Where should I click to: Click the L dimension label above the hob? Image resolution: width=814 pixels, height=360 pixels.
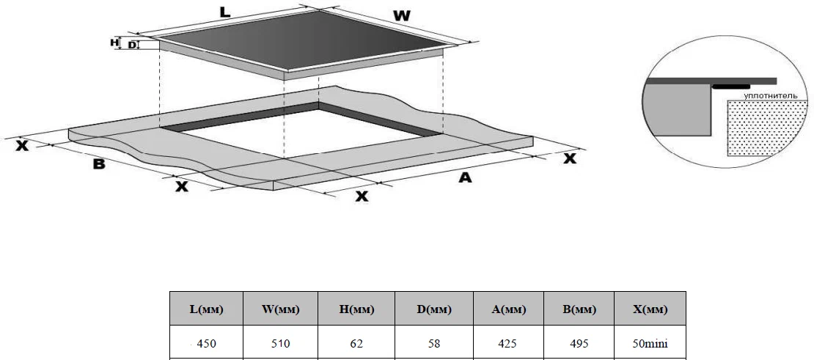(225, 12)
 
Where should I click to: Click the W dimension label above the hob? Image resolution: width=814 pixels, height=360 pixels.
(401, 15)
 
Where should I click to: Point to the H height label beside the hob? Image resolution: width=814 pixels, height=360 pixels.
(114, 43)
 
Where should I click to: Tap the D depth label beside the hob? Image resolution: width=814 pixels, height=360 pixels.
(132, 45)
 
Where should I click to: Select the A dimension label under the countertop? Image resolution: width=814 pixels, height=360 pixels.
(466, 177)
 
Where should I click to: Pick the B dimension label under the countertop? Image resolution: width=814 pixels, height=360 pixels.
(99, 164)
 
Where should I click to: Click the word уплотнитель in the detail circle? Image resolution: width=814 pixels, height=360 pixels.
(771, 95)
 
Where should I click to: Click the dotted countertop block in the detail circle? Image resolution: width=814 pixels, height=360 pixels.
(767, 128)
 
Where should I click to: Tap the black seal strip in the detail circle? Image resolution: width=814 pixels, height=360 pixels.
(731, 87)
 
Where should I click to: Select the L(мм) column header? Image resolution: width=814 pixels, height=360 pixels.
(207, 309)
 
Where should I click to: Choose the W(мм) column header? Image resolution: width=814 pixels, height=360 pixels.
(280, 309)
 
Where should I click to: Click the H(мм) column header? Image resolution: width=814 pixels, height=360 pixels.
(356, 309)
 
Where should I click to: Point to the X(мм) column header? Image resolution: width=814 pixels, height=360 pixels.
(650, 309)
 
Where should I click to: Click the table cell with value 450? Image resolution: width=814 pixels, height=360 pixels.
(207, 343)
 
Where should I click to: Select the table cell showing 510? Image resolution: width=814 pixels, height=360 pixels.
(280, 343)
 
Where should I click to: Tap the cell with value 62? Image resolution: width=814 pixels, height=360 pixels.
(356, 343)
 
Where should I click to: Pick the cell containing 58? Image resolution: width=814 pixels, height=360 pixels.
(434, 343)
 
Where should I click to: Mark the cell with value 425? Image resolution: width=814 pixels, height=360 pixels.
(508, 343)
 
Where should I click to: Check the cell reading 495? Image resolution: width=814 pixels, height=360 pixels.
(579, 343)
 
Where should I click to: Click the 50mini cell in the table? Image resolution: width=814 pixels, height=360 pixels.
(650, 343)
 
